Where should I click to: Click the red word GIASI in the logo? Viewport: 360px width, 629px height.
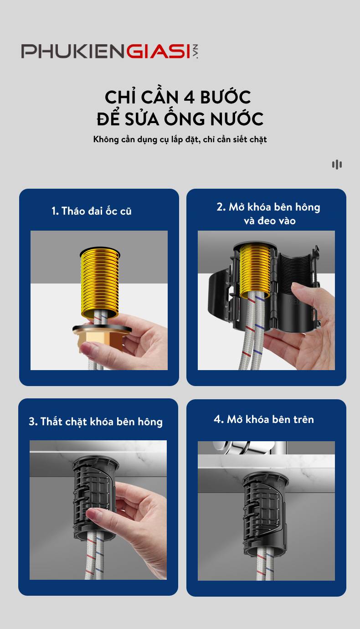click(159, 52)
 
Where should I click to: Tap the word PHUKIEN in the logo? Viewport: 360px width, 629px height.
click(73, 52)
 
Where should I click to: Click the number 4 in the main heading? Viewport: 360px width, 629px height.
click(189, 98)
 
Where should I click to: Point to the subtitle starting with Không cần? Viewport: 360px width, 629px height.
click(180, 139)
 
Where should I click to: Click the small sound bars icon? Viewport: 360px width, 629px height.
click(337, 165)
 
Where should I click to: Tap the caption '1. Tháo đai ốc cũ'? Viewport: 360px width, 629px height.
click(91, 211)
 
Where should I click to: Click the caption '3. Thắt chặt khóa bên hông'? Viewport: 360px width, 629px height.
click(96, 422)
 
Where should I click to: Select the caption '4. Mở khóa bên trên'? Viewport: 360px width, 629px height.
click(264, 419)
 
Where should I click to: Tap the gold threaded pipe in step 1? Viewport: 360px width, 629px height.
click(100, 282)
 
